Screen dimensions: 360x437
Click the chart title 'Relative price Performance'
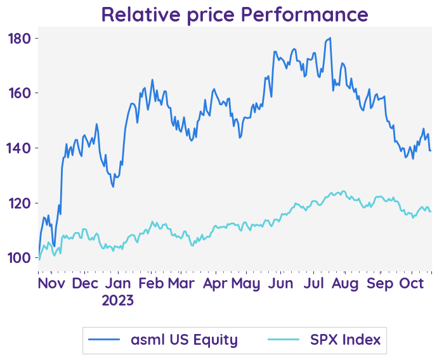234,14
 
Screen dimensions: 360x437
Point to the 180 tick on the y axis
19,39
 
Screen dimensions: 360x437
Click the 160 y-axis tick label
19,93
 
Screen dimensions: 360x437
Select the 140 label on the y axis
19,148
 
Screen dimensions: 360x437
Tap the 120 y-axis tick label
19,203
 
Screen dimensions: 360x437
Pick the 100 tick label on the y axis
19,258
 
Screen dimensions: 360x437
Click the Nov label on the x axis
51,283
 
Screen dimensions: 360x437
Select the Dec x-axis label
85,283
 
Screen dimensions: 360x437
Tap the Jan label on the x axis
117,283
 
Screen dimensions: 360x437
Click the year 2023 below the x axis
117,300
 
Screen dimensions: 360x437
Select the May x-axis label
245,283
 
